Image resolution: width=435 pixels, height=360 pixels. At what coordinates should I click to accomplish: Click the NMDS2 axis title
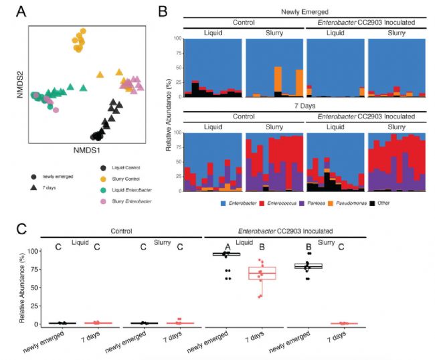coord(19,84)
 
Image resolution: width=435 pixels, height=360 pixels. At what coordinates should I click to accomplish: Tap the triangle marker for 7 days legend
coord(34,189)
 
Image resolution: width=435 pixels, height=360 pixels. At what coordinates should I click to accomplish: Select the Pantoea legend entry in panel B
coord(304,201)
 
